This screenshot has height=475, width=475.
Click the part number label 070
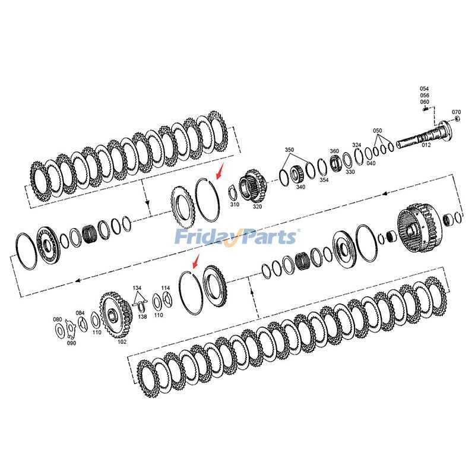(x=456, y=112)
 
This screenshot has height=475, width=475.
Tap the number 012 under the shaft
(x=426, y=145)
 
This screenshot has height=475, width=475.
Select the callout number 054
(x=425, y=89)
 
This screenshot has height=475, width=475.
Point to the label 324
(x=356, y=145)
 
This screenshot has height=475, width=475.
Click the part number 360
(x=334, y=151)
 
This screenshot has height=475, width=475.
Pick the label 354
(x=324, y=180)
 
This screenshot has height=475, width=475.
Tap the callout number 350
(x=289, y=150)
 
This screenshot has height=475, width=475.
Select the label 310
(x=235, y=204)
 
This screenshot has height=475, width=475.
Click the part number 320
(x=257, y=207)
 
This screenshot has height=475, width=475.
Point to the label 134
(x=137, y=288)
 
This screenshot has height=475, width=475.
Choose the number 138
(x=142, y=317)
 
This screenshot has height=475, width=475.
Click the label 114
(x=166, y=288)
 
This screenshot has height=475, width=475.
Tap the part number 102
(x=122, y=341)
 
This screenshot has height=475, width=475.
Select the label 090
(x=71, y=343)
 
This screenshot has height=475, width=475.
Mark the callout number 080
(x=58, y=319)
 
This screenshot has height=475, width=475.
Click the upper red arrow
(x=220, y=173)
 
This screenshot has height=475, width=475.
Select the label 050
(x=378, y=130)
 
